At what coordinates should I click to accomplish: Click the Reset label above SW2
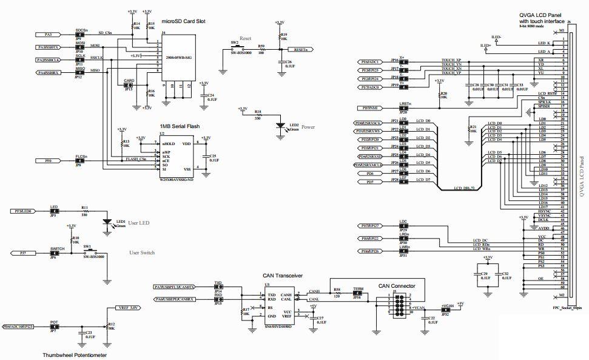pos(246,38)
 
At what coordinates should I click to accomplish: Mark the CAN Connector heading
pos(397,285)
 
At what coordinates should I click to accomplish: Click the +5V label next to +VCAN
pos(460,303)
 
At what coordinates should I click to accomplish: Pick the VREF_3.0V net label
pos(129,308)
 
